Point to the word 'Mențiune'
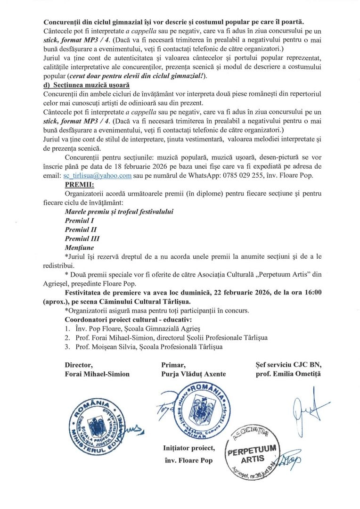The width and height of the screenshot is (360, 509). pos(79,247)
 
